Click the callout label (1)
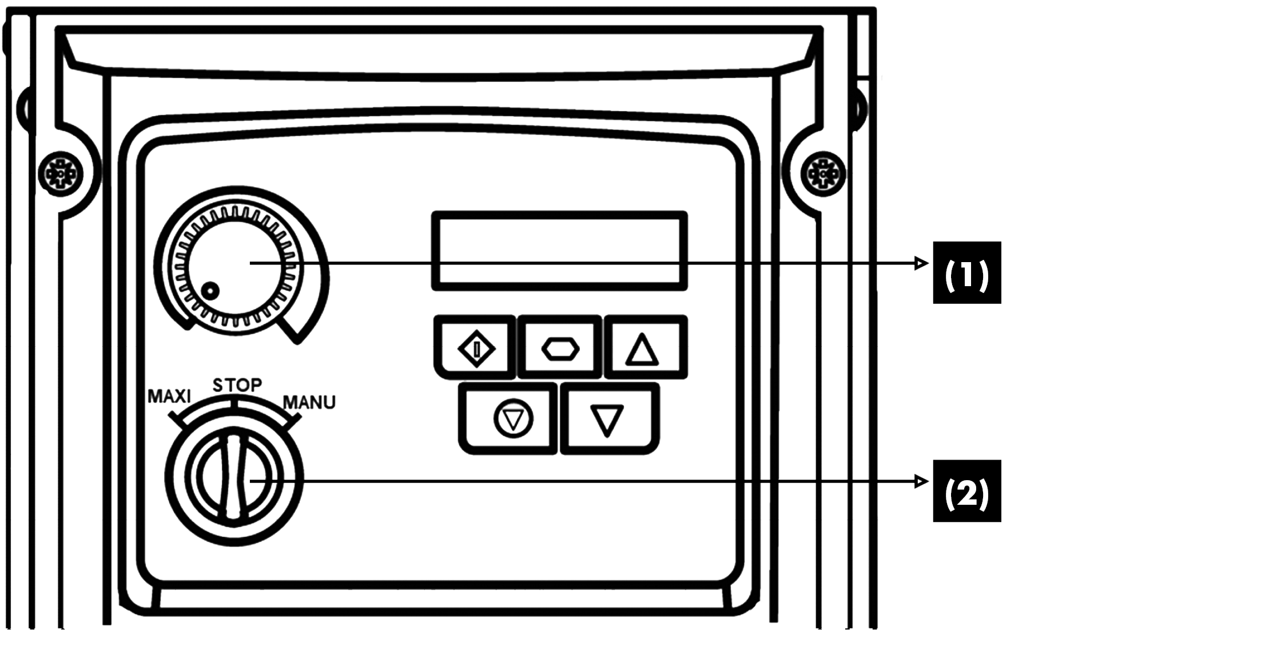point(966,273)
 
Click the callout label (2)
point(966,492)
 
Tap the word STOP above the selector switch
point(237,385)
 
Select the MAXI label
point(169,396)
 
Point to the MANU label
point(309,402)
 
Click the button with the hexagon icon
point(560,348)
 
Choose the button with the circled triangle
point(512,419)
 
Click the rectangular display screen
point(559,251)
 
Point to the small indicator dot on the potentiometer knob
point(211,291)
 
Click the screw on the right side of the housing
point(823,173)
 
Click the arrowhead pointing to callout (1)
point(921,263)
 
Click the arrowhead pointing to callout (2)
point(921,482)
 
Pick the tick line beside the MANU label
point(293,422)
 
